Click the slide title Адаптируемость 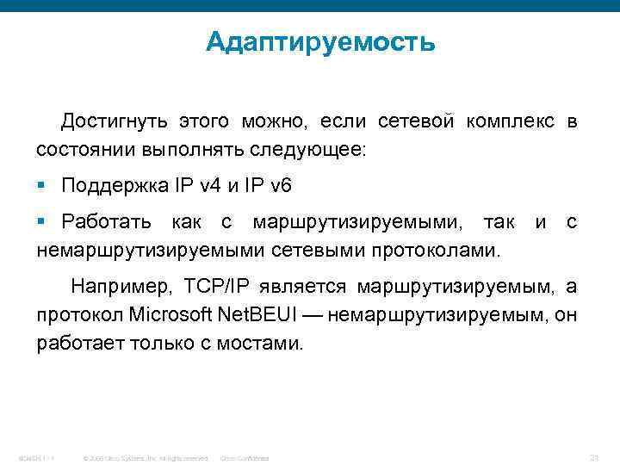pyautogui.click(x=320, y=42)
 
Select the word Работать pyautogui.click(x=108, y=223)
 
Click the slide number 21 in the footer pyautogui.click(x=592, y=456)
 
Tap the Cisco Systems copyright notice pyautogui.click(x=144, y=457)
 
